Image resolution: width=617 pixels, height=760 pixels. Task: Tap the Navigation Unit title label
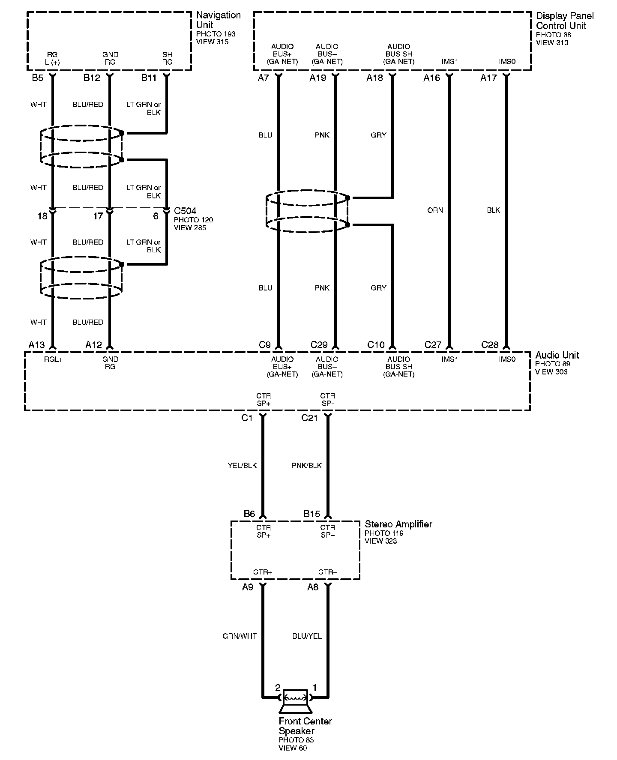[x=218, y=20]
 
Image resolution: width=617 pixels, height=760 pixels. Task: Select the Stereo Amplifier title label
[x=398, y=524]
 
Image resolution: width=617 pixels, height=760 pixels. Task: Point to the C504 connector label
[x=185, y=211]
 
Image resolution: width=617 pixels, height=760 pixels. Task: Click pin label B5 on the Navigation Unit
[x=38, y=78]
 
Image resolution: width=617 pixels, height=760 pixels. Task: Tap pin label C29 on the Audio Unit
[x=319, y=345]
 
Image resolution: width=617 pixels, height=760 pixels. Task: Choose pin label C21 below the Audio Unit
[x=309, y=418]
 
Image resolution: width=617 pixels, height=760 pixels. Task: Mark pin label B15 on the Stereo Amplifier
[x=311, y=514]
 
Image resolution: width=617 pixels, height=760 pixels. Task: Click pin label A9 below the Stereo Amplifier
[x=248, y=587]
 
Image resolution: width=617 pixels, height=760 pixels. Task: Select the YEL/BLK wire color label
[x=242, y=466]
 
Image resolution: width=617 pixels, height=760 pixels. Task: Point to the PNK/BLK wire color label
[x=306, y=466]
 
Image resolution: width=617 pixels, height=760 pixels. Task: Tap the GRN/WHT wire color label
[x=240, y=636]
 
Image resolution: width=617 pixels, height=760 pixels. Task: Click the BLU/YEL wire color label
[x=307, y=636]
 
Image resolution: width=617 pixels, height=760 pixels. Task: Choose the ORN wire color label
[x=435, y=210]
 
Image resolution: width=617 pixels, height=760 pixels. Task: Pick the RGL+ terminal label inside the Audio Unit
[x=54, y=360]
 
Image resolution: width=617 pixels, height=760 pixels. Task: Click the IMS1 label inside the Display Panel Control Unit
[x=449, y=62]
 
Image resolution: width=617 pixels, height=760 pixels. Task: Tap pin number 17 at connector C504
[x=98, y=216]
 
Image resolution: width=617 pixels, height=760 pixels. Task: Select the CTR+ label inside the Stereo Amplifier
[x=263, y=572]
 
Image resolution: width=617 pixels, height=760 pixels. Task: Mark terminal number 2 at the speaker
[x=278, y=688]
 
